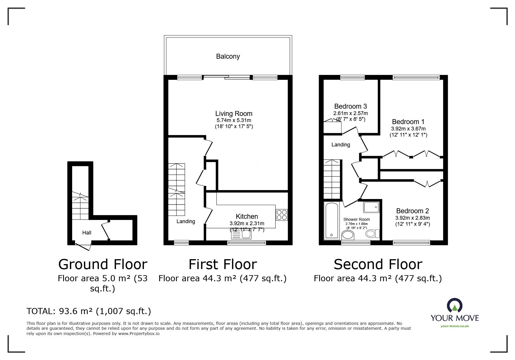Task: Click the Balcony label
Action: (228, 56)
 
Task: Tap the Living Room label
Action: (234, 114)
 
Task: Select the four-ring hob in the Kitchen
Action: (282, 215)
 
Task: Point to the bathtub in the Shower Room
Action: (331, 221)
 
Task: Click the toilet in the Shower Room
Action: (373, 233)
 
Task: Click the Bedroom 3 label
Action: (350, 106)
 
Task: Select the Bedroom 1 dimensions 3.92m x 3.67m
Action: (409, 129)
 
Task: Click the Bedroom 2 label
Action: (412, 211)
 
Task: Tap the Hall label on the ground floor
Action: (87, 233)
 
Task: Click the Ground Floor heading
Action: (103, 264)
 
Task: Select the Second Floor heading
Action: (378, 264)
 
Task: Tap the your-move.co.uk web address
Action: (455, 326)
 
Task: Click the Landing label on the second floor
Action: (341, 145)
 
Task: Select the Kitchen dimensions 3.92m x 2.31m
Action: (247, 223)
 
